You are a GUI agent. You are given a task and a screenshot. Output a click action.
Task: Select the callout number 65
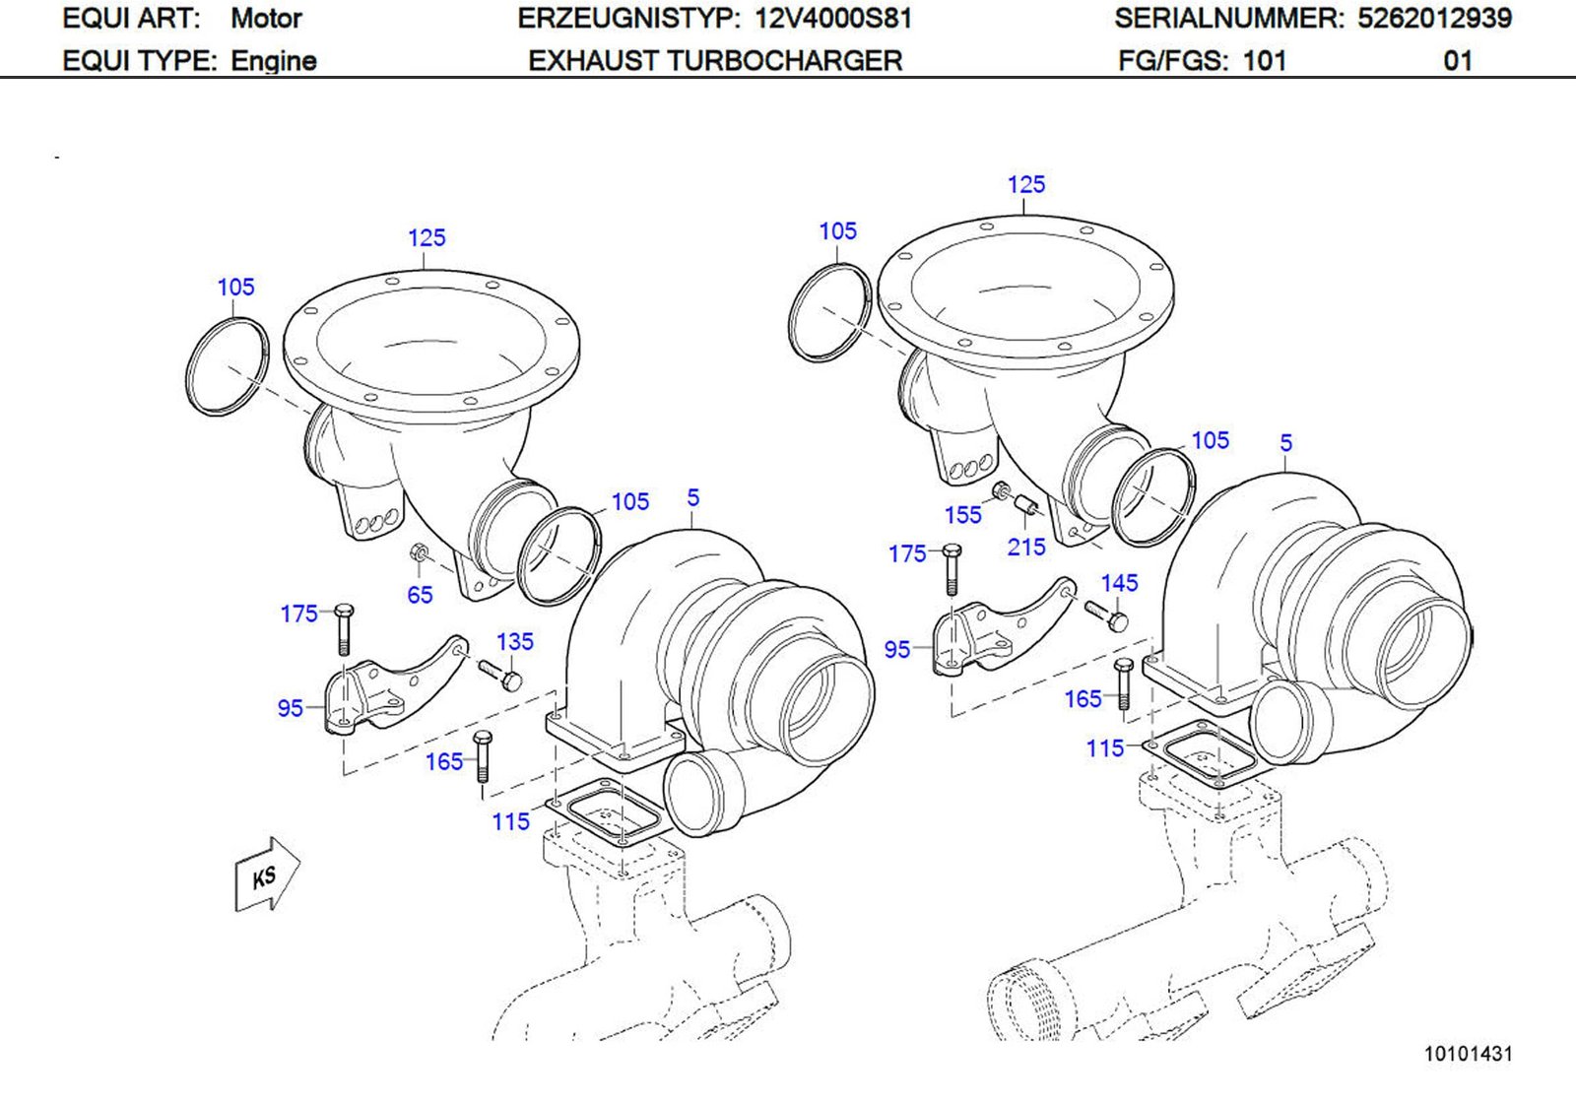(420, 595)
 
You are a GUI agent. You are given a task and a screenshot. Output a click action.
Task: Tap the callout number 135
(514, 642)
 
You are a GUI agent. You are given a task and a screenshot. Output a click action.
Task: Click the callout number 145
(1119, 583)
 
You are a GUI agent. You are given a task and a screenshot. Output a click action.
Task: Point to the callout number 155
(962, 515)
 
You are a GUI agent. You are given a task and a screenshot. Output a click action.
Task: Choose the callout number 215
(1025, 548)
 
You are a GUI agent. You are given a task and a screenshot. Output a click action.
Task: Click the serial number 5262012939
(1434, 19)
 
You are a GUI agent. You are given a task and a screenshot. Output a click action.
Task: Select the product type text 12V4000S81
(833, 19)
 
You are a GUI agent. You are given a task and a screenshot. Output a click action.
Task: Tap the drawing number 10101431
(1467, 1054)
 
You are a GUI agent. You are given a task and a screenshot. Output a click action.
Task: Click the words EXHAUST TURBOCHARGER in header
(715, 61)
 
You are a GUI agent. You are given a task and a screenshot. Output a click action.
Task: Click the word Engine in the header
(274, 61)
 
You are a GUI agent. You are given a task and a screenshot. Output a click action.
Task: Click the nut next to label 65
(419, 555)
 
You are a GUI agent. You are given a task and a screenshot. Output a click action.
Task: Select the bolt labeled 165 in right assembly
(1124, 683)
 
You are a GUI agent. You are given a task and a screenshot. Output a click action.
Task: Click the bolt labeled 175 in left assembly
(343, 628)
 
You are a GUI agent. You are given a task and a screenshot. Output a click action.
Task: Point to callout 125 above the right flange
(1025, 185)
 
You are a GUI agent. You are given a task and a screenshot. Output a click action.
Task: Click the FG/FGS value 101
(1265, 61)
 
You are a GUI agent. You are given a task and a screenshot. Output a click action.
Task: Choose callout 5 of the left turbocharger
(693, 498)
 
